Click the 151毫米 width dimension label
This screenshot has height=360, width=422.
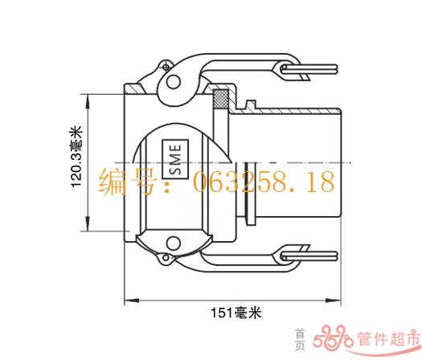(x=236, y=313)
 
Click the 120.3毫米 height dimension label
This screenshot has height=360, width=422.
(x=76, y=156)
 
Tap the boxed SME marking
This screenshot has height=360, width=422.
(x=175, y=159)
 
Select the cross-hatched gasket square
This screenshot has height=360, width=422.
(x=221, y=99)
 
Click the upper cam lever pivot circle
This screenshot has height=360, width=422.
(x=174, y=81)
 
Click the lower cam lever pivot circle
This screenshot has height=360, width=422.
(x=174, y=243)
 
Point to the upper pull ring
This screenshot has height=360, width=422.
(x=309, y=69)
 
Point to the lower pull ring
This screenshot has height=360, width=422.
(x=309, y=256)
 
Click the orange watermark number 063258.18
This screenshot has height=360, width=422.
(x=264, y=182)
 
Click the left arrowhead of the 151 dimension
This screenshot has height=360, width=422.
(x=132, y=301)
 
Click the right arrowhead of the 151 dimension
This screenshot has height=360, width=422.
(x=334, y=301)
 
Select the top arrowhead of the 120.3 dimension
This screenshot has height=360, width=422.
(x=88, y=101)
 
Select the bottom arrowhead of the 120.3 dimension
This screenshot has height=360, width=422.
(x=88, y=223)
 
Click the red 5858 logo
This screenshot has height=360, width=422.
(x=333, y=337)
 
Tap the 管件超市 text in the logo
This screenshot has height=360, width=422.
(x=388, y=338)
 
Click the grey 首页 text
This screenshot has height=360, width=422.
(x=300, y=340)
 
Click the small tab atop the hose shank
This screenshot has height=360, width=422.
(x=251, y=104)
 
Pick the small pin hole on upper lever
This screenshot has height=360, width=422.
(x=166, y=67)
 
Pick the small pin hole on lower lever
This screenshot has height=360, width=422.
(x=166, y=258)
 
